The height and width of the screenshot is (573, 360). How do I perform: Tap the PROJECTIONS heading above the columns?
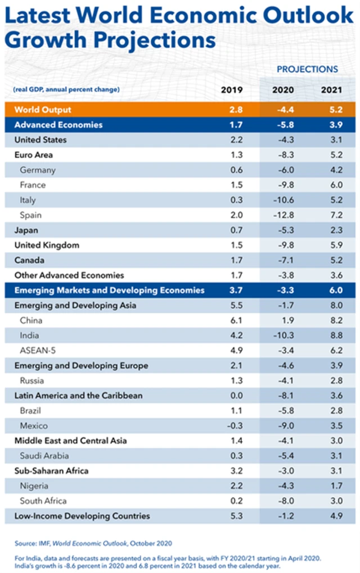tap(307, 69)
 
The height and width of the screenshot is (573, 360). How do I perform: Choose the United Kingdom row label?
tap(47, 245)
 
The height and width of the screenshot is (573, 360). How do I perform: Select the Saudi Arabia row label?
tap(44, 456)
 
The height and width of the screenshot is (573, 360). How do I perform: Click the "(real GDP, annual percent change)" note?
tap(66, 89)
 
